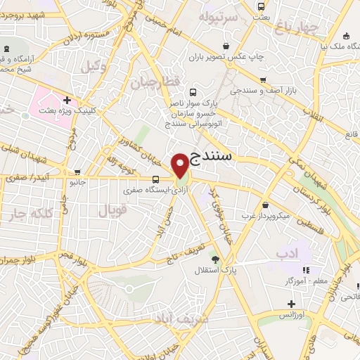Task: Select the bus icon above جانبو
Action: click(77, 172)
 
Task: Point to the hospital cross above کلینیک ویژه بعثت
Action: click(67, 100)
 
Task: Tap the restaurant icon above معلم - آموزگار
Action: click(305, 270)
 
